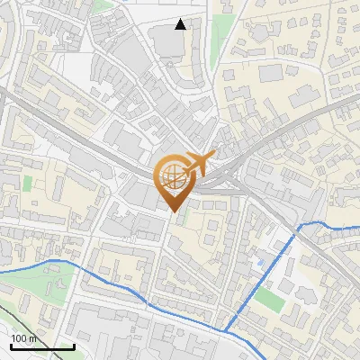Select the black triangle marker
tap(181, 24)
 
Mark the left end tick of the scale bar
tap(11, 346)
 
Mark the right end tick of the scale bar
tap(74, 346)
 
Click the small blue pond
tap(261, 262)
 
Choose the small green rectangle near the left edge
tap(27, 183)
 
